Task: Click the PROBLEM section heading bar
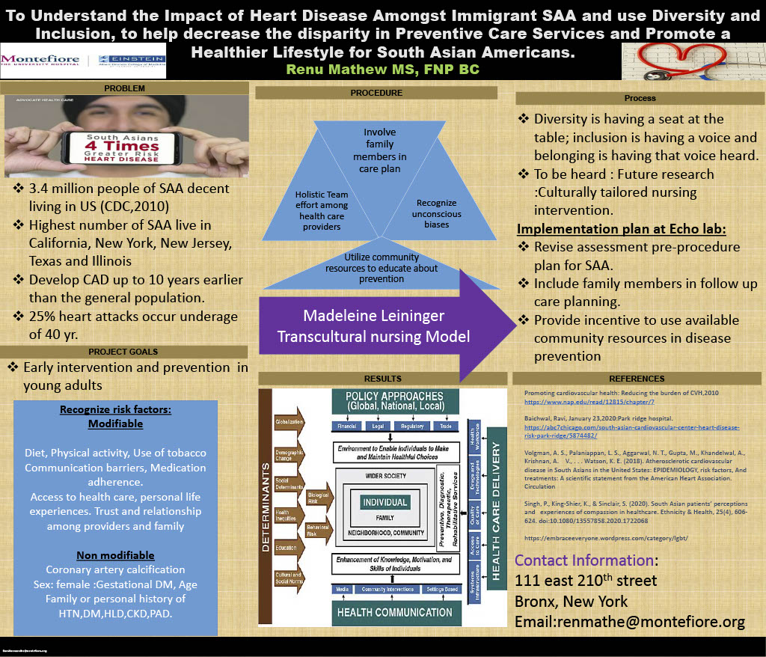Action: (x=124, y=88)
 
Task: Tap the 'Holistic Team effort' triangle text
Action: (x=322, y=210)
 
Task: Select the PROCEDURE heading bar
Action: (x=376, y=93)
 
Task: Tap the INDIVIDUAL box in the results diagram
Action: (x=384, y=502)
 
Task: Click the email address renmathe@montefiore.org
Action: (x=630, y=622)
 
